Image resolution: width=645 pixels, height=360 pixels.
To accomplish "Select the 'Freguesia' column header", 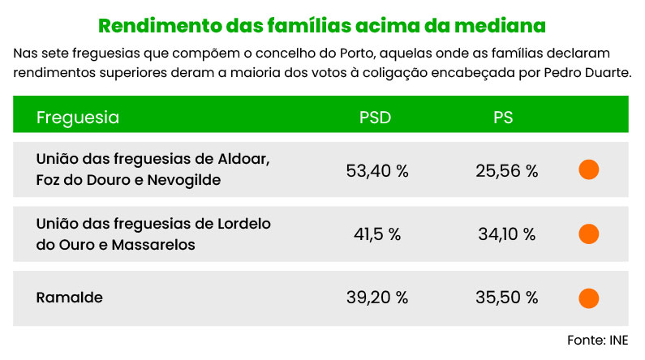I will [x=78, y=118].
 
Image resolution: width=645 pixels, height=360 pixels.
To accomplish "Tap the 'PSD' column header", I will [x=375, y=118].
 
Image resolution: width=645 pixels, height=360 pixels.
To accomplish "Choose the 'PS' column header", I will [x=503, y=118].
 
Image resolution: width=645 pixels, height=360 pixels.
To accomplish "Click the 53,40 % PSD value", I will [x=376, y=170].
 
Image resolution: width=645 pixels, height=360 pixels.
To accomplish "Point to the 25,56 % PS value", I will [x=507, y=170].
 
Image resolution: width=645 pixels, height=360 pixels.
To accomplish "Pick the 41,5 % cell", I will [x=377, y=234].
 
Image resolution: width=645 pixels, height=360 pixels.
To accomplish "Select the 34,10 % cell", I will [x=507, y=234].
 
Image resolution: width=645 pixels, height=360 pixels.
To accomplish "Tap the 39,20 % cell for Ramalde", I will [x=377, y=298].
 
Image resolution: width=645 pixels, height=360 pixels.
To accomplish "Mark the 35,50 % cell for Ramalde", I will [x=507, y=298].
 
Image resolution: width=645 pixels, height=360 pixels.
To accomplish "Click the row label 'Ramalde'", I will [x=70, y=298].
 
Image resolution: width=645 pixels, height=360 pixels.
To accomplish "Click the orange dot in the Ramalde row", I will [x=589, y=298].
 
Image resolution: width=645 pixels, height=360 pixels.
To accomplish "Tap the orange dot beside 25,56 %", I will [x=589, y=170].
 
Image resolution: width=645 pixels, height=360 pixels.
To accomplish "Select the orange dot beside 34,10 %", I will [x=589, y=234].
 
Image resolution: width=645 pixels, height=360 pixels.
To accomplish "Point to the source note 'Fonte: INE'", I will [x=597, y=339].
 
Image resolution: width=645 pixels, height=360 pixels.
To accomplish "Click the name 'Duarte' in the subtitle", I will [x=606, y=73].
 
